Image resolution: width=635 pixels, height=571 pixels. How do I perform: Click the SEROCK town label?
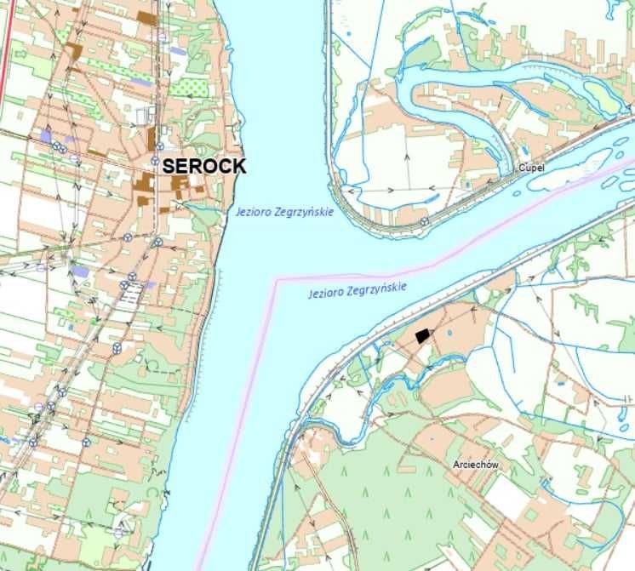[204, 166]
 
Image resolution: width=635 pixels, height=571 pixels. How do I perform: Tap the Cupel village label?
[530, 168]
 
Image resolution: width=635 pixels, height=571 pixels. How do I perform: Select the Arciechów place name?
[476, 465]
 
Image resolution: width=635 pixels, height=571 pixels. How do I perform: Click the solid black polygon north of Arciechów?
[422, 336]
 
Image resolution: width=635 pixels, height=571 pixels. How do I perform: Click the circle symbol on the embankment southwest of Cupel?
[424, 221]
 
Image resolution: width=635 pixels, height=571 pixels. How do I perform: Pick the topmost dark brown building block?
[146, 17]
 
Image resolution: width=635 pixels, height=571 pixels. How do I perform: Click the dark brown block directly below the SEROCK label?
[179, 182]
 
